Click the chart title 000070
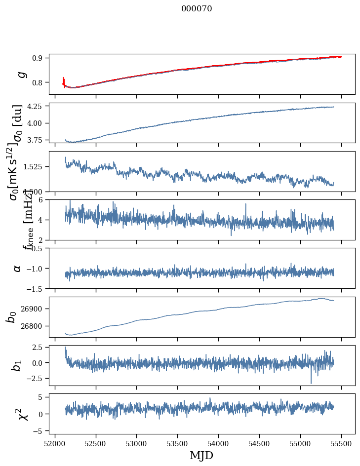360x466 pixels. click(197, 8)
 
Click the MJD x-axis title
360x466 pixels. click(201, 456)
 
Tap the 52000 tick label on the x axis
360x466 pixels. click(55, 444)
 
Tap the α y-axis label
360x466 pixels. click(17, 268)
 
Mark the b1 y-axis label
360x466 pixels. click(17, 366)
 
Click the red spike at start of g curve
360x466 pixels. click(64, 80)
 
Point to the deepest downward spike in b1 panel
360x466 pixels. click(311, 383)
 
